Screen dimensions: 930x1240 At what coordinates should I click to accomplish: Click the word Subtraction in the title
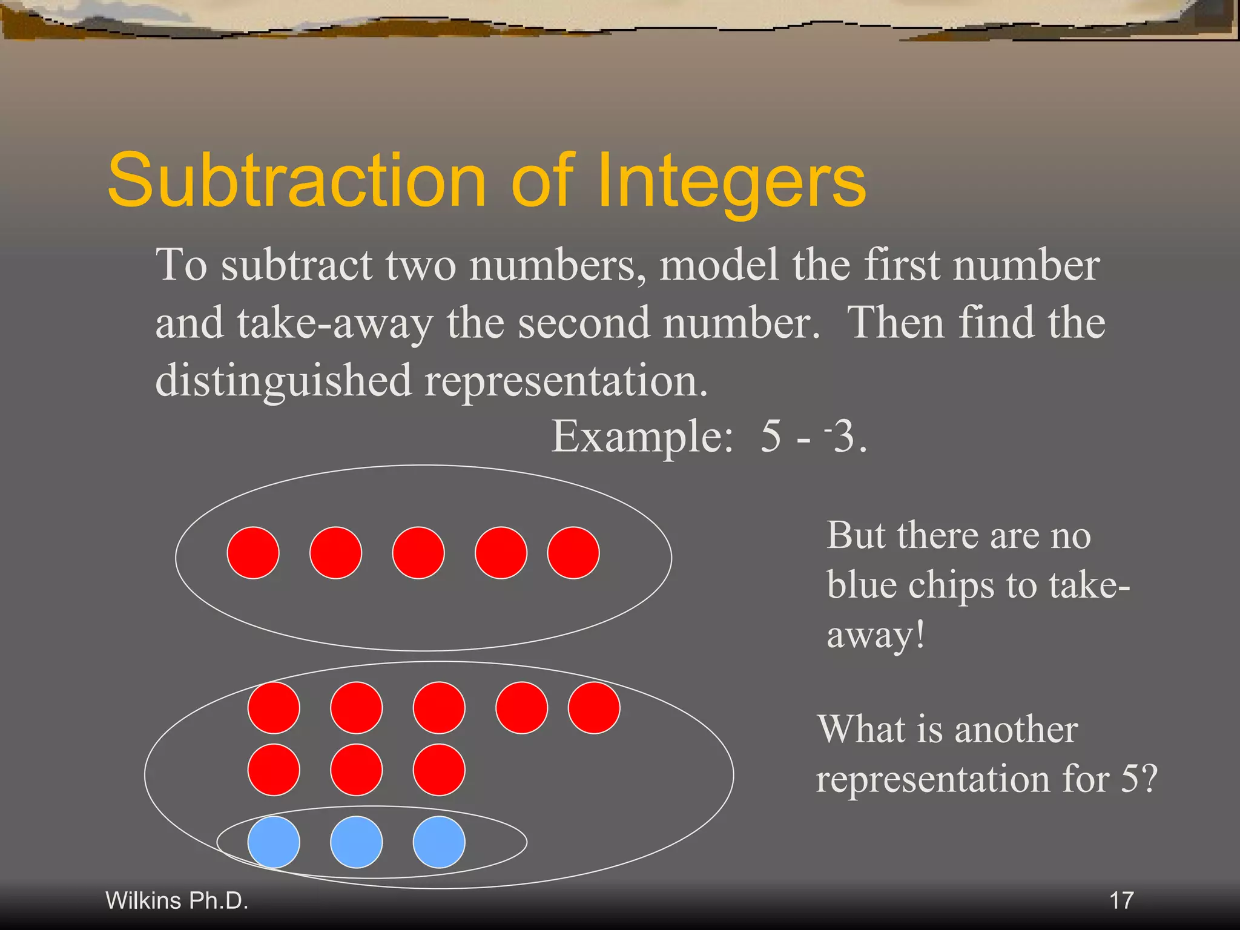click(297, 181)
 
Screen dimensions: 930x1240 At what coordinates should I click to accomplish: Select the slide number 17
click(1121, 900)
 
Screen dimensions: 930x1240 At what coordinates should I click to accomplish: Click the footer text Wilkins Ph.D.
click(177, 900)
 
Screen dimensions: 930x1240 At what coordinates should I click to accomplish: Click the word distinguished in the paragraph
click(283, 381)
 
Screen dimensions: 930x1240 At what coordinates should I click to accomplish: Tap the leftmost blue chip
click(274, 842)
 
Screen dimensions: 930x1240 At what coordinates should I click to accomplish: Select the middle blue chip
click(356, 842)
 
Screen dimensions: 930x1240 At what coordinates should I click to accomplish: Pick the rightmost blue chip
click(439, 842)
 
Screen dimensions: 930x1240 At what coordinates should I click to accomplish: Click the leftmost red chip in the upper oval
click(253, 553)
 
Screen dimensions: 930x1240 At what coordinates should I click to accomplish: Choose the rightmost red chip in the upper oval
click(573, 553)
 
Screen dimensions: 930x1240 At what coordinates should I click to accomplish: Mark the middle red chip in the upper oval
click(418, 553)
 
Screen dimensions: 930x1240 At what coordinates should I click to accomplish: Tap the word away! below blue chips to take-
click(876, 636)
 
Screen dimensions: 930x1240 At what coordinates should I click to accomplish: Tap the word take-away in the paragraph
click(335, 323)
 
